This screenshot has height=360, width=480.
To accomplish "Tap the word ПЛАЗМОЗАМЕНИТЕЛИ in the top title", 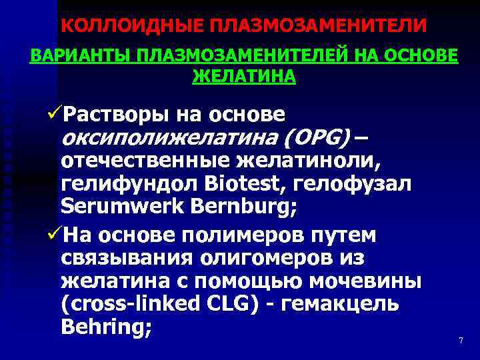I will pos(313,26).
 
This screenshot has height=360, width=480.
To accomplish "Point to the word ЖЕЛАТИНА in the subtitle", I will pos(244,77).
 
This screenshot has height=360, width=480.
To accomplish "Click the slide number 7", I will pos(461,341).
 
